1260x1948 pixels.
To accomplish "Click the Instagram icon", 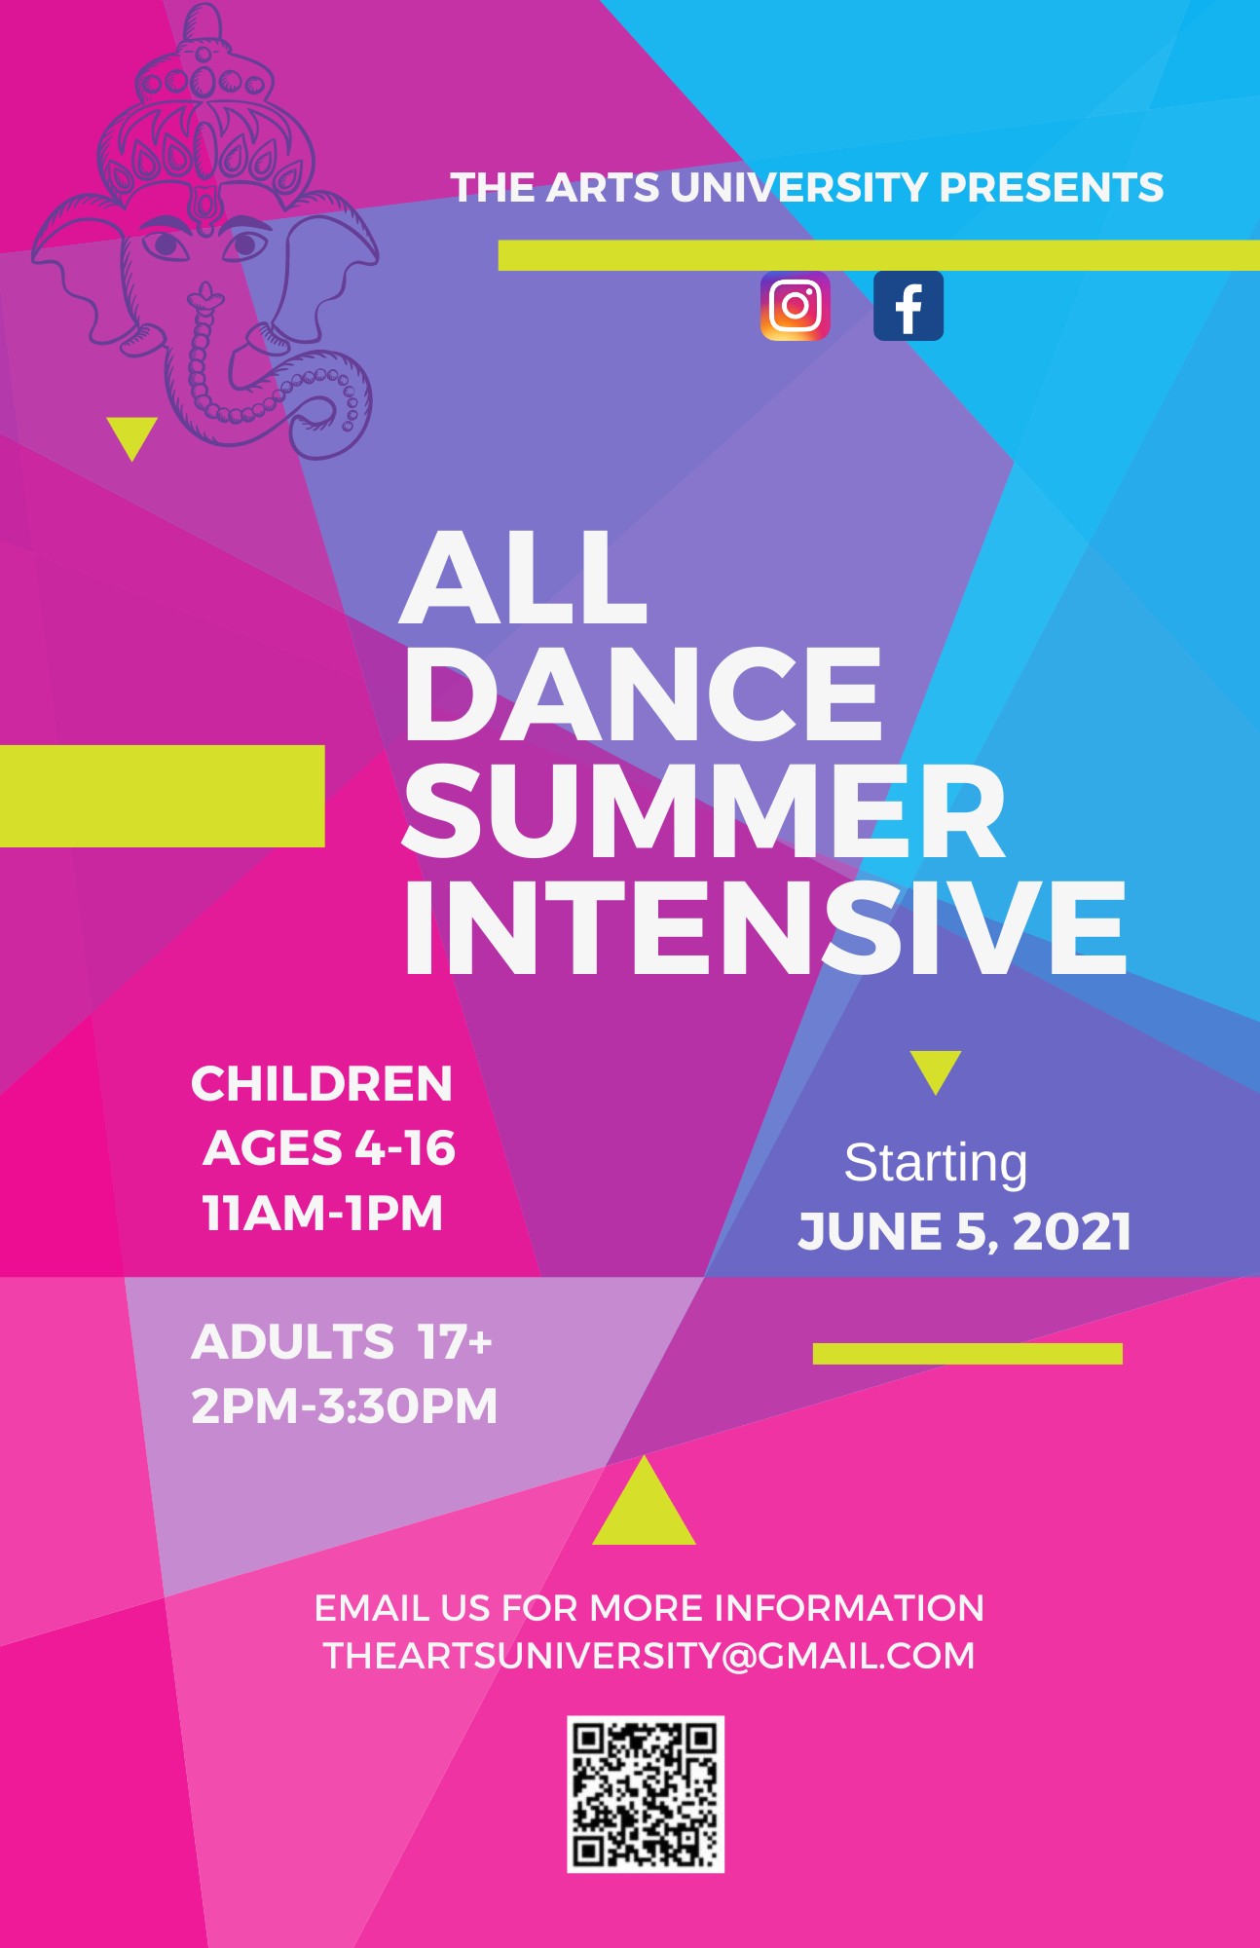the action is [x=795, y=306].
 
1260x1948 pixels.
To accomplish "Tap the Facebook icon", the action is [x=908, y=306].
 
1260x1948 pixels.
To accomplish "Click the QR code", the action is [x=646, y=1794].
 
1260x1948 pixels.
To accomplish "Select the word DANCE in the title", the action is [x=643, y=694].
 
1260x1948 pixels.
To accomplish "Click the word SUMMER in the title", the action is [x=704, y=811].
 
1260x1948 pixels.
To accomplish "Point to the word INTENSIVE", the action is [x=765, y=927].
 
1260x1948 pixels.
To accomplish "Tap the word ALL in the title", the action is [x=523, y=579].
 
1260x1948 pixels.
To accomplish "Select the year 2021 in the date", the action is [x=1072, y=1231].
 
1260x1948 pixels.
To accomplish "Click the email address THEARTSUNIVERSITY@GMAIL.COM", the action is [x=649, y=1656].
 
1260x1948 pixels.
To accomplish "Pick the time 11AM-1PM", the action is [x=322, y=1214].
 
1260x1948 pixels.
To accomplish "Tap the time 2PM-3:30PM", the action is [x=344, y=1405].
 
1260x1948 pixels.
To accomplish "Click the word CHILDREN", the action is [x=321, y=1084].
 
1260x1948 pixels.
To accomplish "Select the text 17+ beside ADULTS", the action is [x=455, y=1342].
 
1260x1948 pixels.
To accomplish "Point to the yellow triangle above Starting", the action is [x=936, y=1069].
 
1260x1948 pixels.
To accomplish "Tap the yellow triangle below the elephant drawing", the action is [x=132, y=436].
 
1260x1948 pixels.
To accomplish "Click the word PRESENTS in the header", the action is [x=1051, y=188].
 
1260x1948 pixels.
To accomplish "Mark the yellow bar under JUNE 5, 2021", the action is [x=968, y=1353].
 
